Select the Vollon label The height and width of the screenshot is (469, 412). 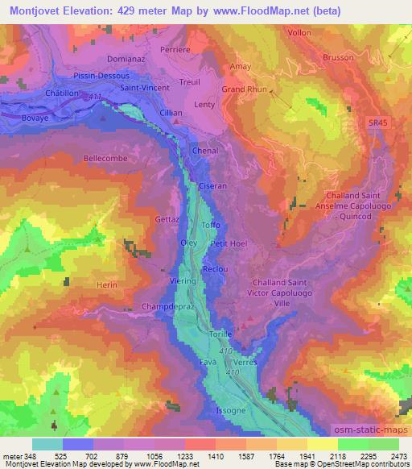coord(298,33)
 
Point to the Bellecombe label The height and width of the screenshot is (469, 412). coord(105,159)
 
